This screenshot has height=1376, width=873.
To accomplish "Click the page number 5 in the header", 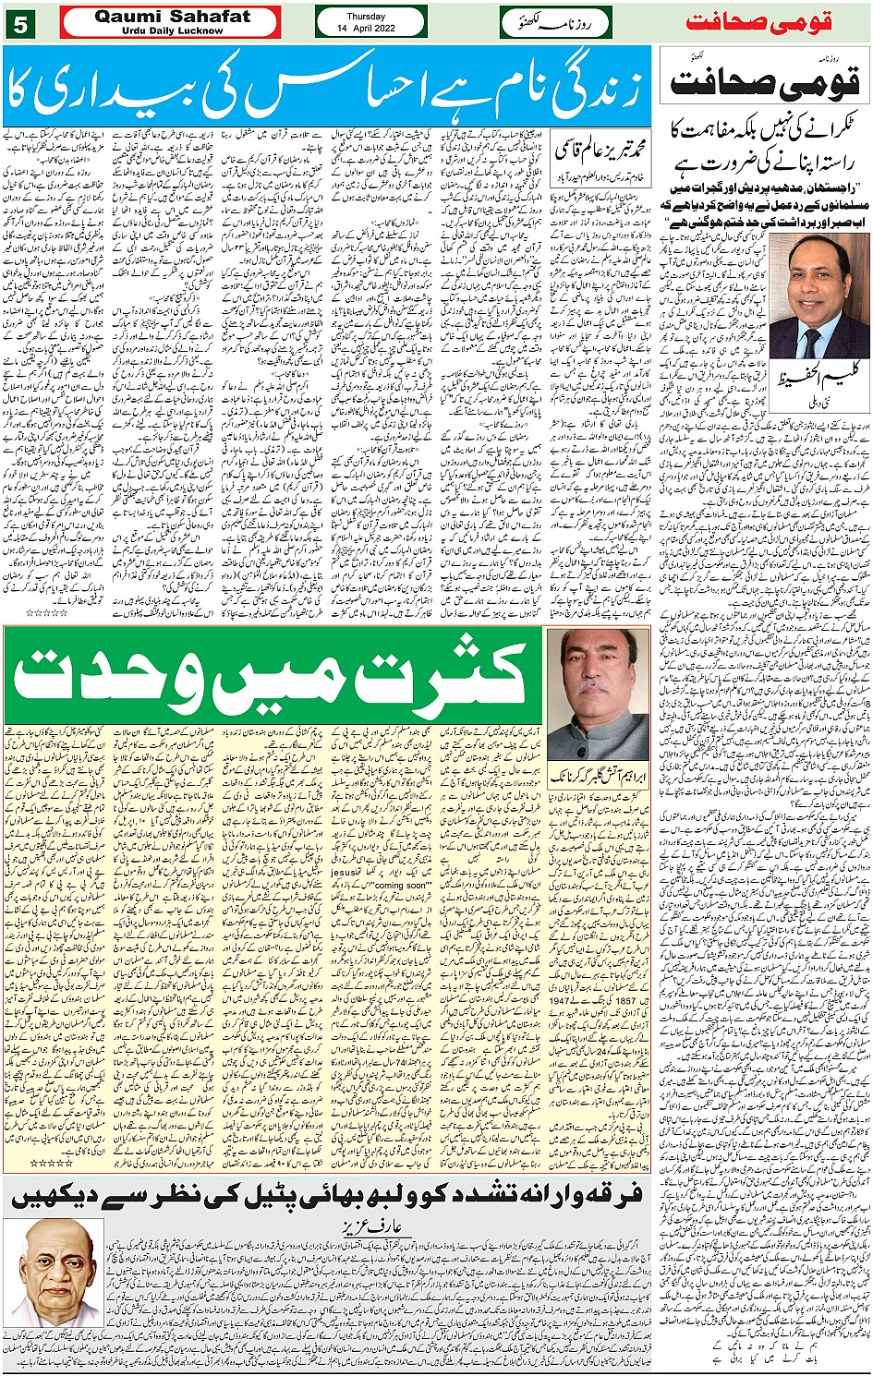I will click(18, 23).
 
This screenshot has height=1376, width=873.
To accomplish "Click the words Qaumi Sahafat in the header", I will click(172, 17).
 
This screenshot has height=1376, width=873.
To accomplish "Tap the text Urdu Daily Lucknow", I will click(172, 30).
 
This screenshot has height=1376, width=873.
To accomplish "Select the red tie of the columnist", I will click(811, 342).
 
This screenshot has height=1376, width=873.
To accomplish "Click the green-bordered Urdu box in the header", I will click(556, 22).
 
